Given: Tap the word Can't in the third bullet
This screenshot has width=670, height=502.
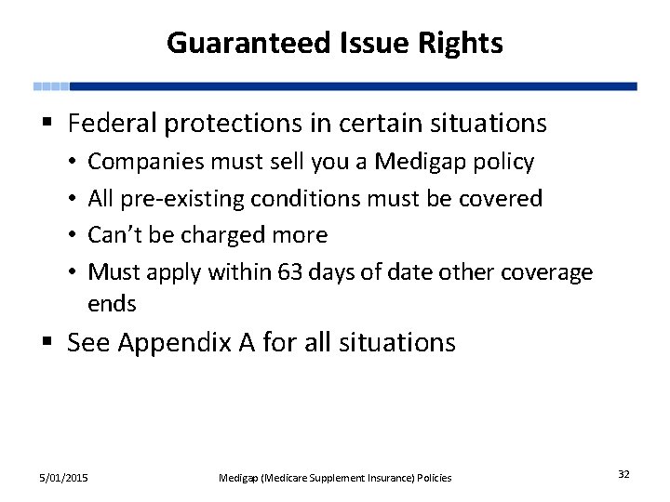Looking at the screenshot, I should [113, 234].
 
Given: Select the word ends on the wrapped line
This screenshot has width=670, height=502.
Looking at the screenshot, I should [112, 304].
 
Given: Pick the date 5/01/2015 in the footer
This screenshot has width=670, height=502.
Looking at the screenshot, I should [64, 478].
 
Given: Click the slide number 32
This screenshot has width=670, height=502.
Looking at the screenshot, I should [623, 475].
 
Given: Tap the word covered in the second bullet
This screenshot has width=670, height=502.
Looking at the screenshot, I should [506, 198].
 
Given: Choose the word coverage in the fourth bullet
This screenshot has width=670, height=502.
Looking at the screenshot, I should [546, 271].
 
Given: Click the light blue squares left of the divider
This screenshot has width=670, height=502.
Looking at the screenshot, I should [51, 86].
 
